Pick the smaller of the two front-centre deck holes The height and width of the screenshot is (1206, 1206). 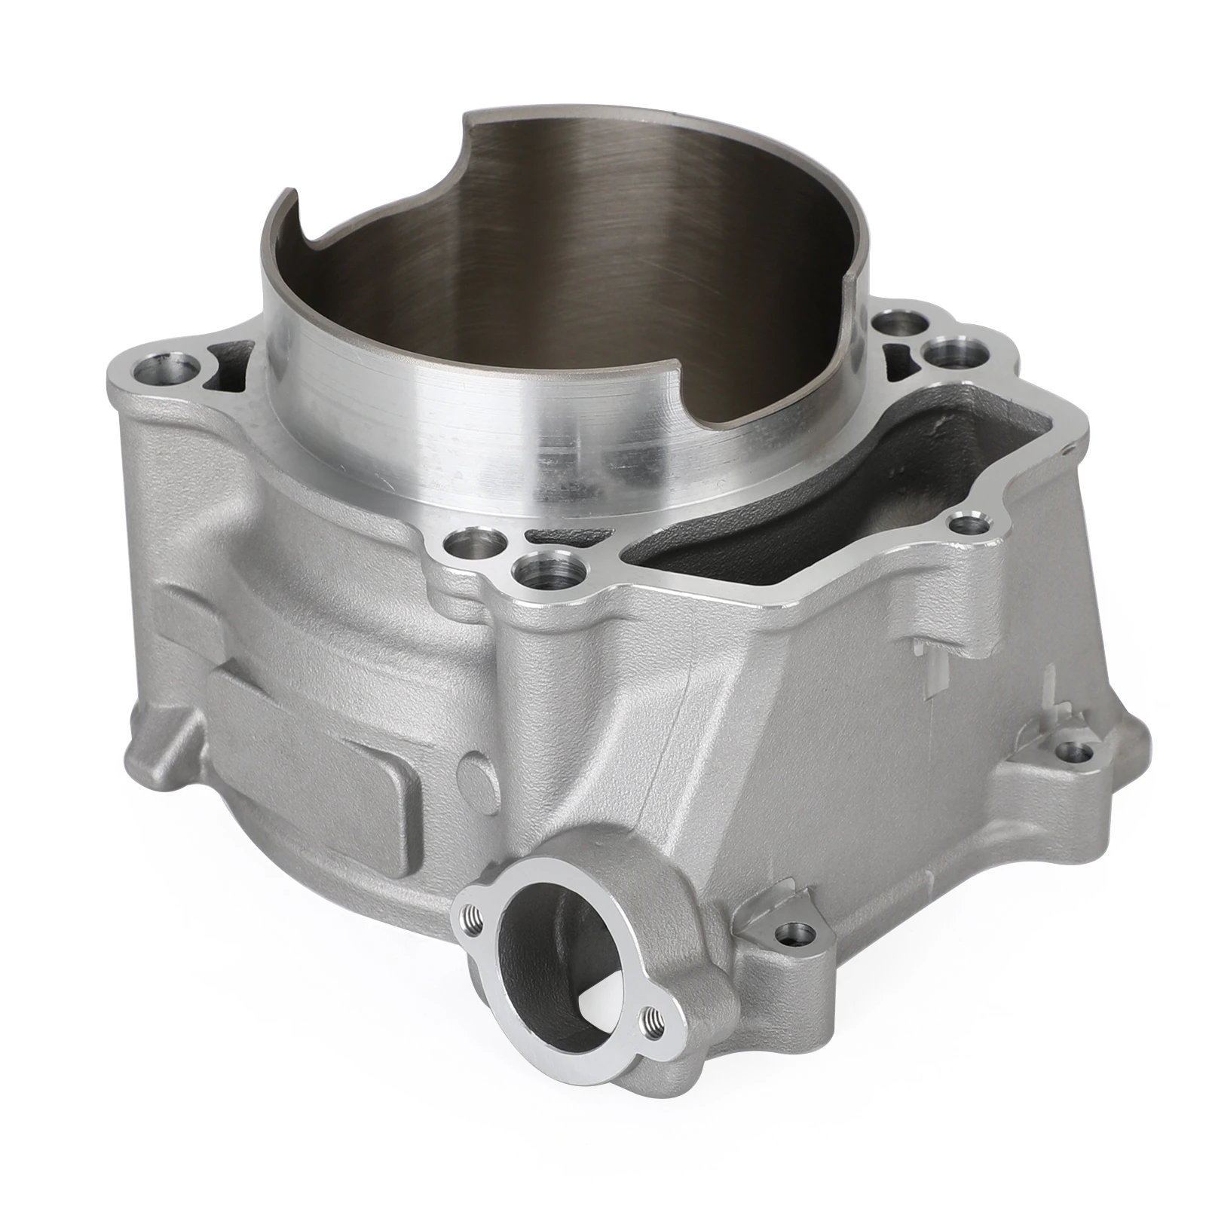click(x=462, y=541)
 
